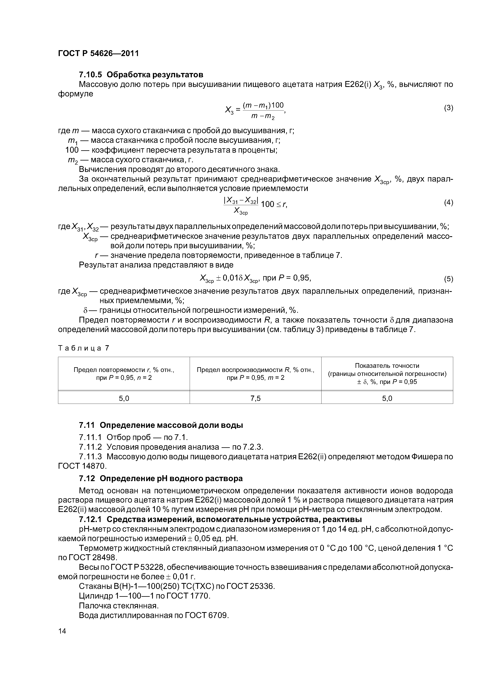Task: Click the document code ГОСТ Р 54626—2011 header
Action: click(98, 54)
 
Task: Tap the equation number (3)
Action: click(448, 108)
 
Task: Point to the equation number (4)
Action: click(448, 203)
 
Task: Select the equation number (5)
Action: click(448, 279)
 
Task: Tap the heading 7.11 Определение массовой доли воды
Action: click(161, 425)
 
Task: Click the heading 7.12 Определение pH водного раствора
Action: click(161, 478)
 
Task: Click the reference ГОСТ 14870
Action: click(82, 466)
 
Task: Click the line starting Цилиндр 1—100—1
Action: click(144, 596)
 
